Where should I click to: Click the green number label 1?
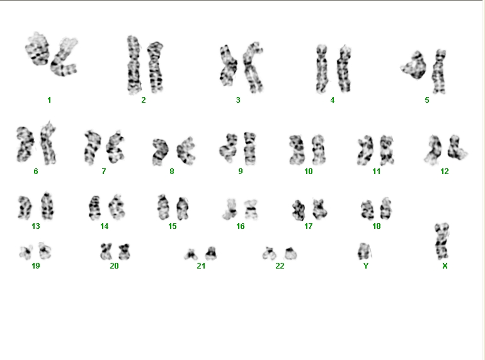49,100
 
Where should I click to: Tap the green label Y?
366,266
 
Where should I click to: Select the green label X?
445,266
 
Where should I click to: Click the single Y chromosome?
364,252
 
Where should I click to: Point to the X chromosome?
442,240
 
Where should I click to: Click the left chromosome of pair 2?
134,65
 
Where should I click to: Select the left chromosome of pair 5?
414,65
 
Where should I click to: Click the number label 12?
445,171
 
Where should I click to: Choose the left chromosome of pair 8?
160,152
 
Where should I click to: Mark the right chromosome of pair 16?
251,209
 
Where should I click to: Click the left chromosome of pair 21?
191,255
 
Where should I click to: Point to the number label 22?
280,266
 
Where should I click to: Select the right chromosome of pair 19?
45,251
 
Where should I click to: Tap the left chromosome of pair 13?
25,207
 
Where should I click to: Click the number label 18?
377,226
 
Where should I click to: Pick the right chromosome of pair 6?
48,143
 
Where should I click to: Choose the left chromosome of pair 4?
322,69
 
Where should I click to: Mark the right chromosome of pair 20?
124,252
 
